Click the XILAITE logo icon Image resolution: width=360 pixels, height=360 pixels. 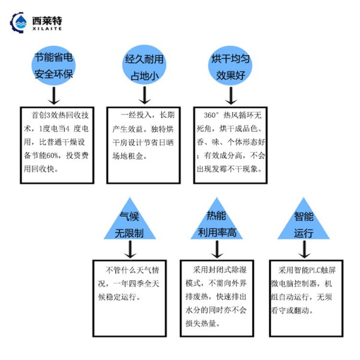pos(19,23)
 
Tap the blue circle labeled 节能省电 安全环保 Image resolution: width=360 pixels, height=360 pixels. pos(55,65)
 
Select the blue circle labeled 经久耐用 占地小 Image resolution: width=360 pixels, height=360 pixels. pos(144,64)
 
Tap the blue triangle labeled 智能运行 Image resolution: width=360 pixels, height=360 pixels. pos(304,224)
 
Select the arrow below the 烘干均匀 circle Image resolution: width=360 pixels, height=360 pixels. pos(229,95)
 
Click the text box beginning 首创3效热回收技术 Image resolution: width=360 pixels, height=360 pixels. pos(55,144)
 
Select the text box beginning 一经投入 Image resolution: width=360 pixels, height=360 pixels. pos(144,144)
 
